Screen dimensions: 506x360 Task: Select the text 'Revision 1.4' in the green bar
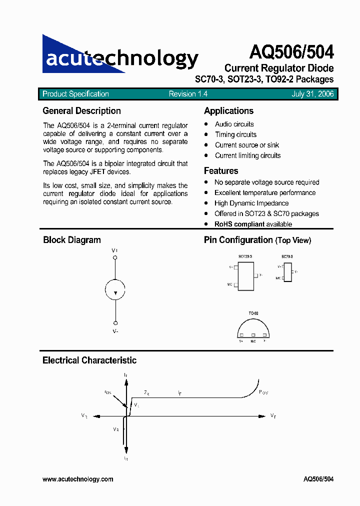pyautogui.click(x=188, y=94)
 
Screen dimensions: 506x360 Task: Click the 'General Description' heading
pyautogui.click(x=81, y=111)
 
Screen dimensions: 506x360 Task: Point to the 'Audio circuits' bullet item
pyautogui.click(x=234, y=124)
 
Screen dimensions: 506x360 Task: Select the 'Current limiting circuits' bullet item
pyautogui.click(x=247, y=155)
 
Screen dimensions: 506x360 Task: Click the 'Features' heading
pyautogui.click(x=221, y=171)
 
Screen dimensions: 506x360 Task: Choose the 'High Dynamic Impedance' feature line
pyautogui.click(x=251, y=203)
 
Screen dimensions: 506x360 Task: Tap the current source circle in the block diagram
pyautogui.click(x=115, y=289)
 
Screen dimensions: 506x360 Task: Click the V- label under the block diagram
pyautogui.click(x=115, y=331)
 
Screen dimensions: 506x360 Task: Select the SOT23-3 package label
pyautogui.click(x=245, y=256)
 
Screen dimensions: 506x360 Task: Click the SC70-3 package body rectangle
pyautogui.click(x=287, y=271)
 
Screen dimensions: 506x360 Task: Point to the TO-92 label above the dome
pyautogui.click(x=253, y=313)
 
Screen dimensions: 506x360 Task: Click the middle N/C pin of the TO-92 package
pyautogui.click(x=253, y=335)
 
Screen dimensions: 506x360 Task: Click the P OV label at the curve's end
pyautogui.click(x=263, y=392)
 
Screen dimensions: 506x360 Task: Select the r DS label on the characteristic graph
pyautogui.click(x=108, y=392)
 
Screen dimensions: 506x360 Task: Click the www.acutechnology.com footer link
pyautogui.click(x=77, y=479)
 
